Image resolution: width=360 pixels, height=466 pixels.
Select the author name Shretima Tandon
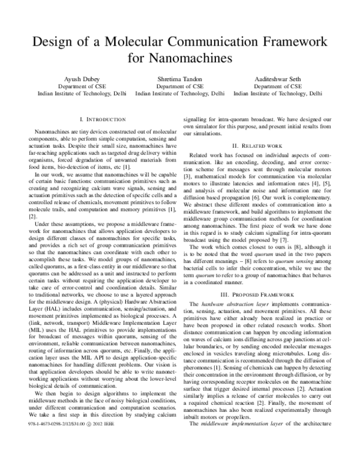[x=180, y=79]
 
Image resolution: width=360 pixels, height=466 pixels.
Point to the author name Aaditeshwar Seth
[x=278, y=79]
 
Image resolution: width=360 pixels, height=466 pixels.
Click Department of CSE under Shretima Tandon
[x=180, y=86]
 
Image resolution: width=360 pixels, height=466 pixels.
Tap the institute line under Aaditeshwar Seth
[x=278, y=94]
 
